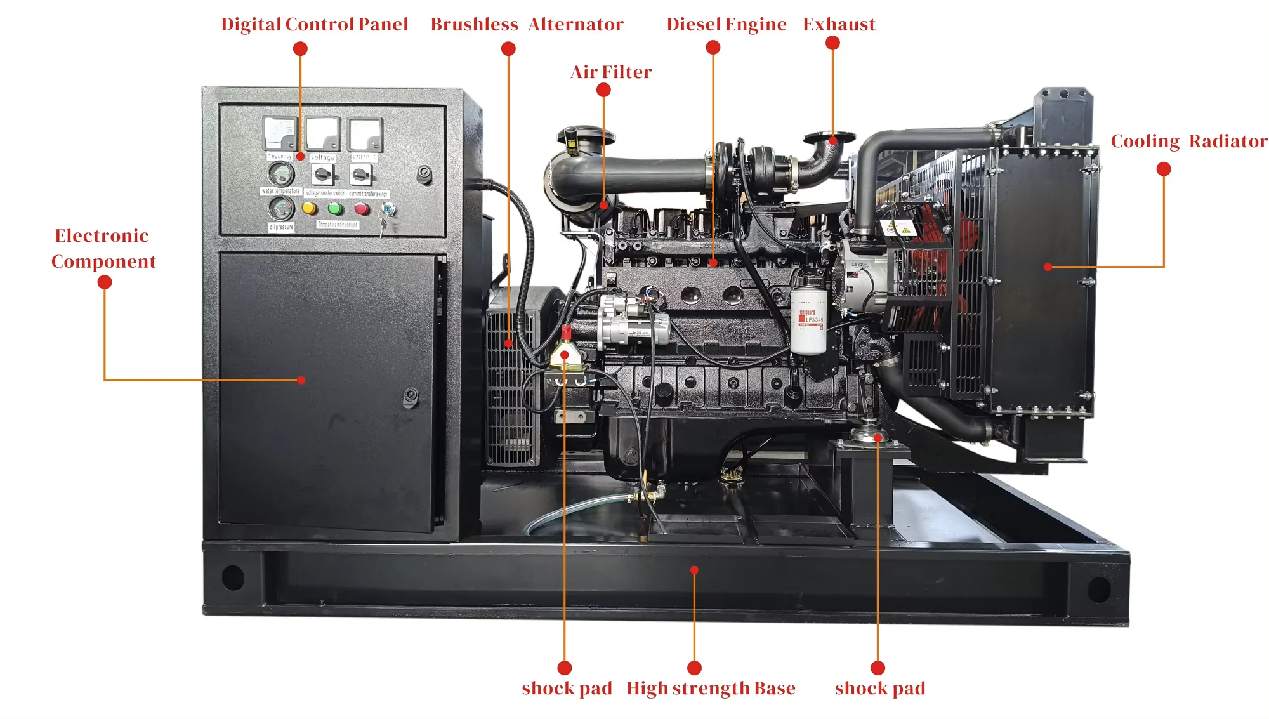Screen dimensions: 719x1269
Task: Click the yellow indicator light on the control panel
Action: pyautogui.click(x=310, y=208)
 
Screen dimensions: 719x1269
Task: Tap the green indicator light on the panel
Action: pyautogui.click(x=335, y=208)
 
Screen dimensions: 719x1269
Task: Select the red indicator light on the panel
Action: pyautogui.click(x=362, y=208)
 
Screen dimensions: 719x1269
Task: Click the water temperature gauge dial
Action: pyautogui.click(x=280, y=173)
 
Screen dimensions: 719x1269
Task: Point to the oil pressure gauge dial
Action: pyautogui.click(x=280, y=208)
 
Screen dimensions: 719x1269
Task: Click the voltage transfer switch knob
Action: pyautogui.click(x=322, y=174)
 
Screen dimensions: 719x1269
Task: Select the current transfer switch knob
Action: pyautogui.click(x=361, y=174)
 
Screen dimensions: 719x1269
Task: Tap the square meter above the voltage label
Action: pyautogui.click(x=322, y=134)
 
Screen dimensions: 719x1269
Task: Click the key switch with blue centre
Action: pyautogui.click(x=388, y=208)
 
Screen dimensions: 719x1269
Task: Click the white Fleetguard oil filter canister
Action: pyautogui.click(x=808, y=322)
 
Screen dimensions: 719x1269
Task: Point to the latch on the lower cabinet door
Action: pyautogui.click(x=411, y=397)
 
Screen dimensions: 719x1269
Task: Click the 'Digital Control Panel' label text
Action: pyautogui.click(x=314, y=24)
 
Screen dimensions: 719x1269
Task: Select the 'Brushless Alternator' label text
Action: pyautogui.click(x=527, y=24)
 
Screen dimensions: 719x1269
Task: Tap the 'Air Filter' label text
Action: pyautogui.click(x=610, y=72)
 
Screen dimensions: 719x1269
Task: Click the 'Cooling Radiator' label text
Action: pyautogui.click(x=1188, y=141)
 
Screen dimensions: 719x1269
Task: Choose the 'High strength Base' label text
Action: pyautogui.click(x=711, y=689)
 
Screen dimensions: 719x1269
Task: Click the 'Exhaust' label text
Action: pyautogui.click(x=839, y=24)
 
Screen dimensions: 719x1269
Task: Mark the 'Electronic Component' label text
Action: pyautogui.click(x=103, y=248)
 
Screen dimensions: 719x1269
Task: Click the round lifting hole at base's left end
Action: pyautogui.click(x=233, y=577)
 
